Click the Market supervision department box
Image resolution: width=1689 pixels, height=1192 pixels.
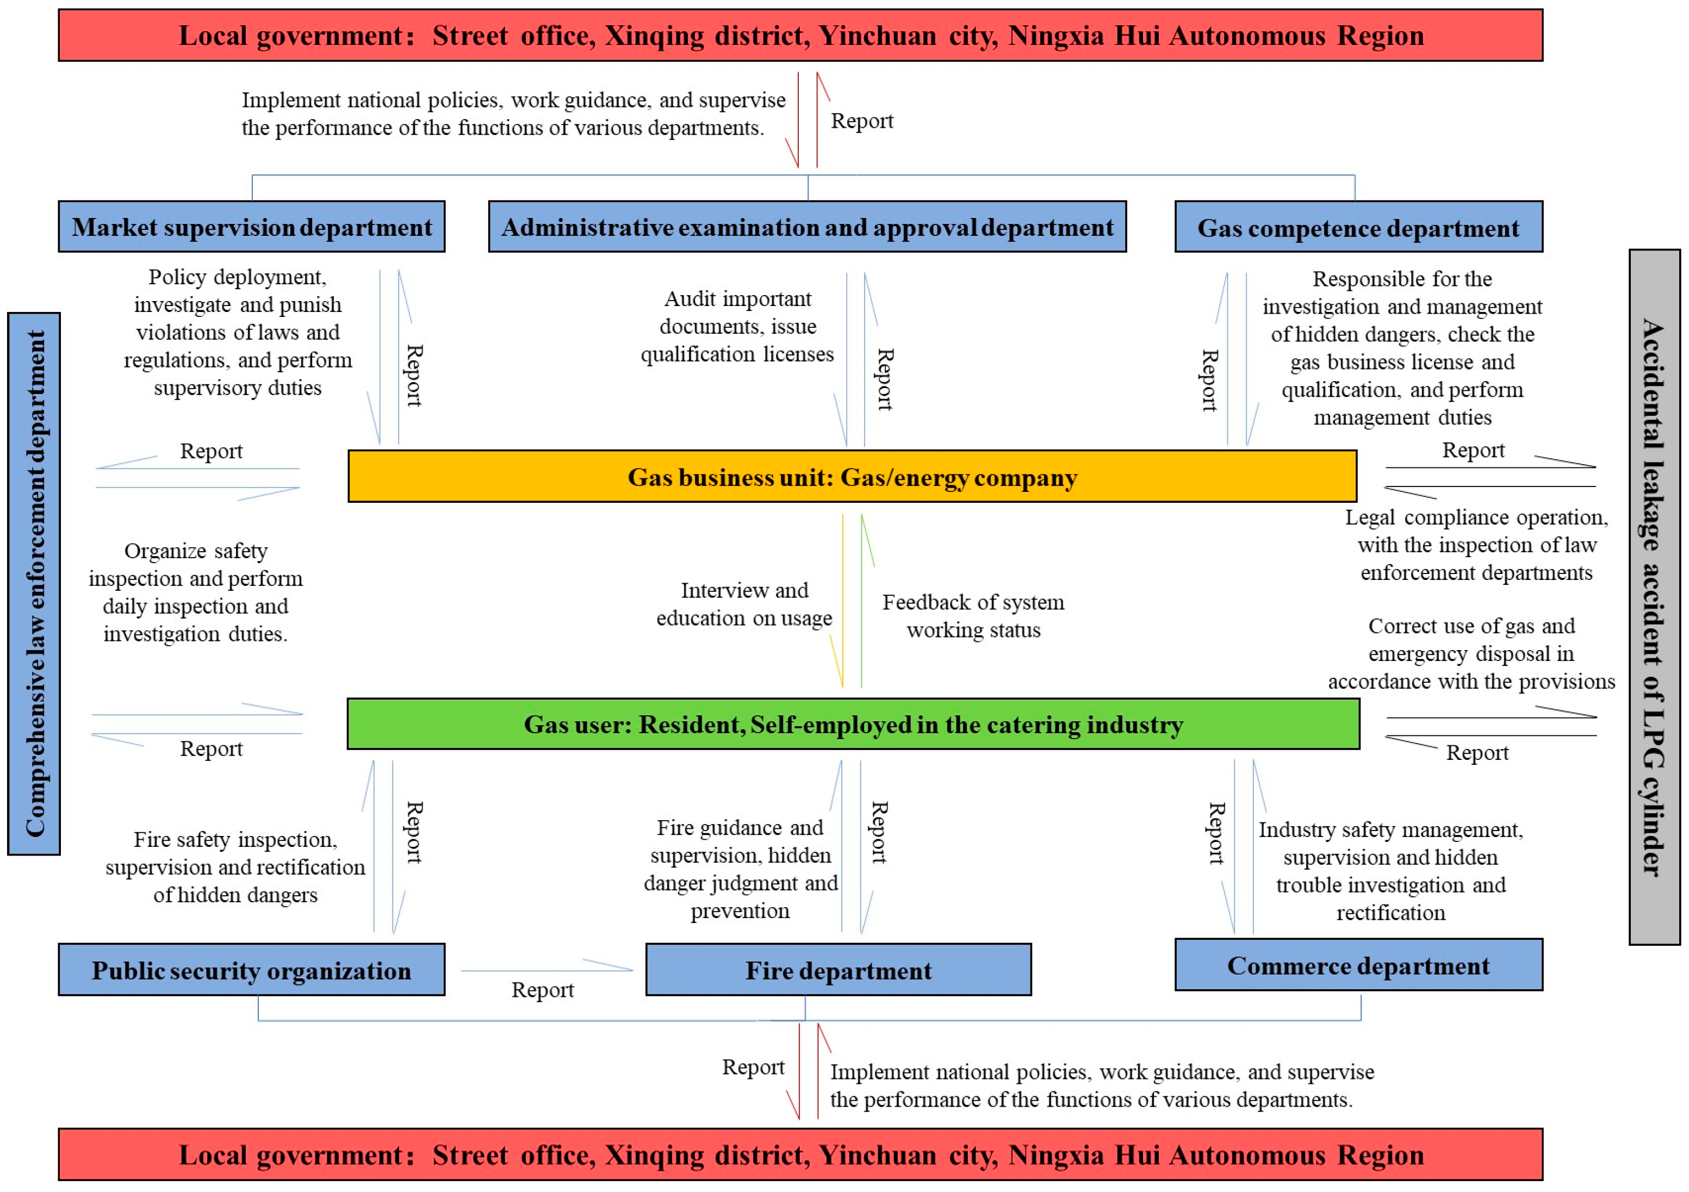tap(252, 227)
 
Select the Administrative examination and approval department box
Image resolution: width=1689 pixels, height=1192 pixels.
tap(807, 227)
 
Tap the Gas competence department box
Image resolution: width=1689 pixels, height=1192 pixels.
tap(1358, 227)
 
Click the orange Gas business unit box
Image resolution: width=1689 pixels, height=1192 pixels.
tap(852, 477)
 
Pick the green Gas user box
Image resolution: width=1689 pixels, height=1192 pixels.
tap(853, 725)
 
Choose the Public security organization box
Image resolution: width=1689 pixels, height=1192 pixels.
tap(252, 970)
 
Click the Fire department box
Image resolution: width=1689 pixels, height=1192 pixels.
tap(838, 970)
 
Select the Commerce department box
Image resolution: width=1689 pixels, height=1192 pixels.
tap(1358, 965)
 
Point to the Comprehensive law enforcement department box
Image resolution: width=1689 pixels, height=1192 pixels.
tap(34, 583)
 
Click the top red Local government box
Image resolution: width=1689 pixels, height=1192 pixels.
tap(800, 35)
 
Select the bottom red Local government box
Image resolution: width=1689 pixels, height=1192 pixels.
tap(800, 1154)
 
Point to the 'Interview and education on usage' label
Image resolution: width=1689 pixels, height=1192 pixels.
tap(744, 604)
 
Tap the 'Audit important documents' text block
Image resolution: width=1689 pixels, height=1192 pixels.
tap(737, 326)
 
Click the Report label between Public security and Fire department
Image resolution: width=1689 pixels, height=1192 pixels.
tap(542, 990)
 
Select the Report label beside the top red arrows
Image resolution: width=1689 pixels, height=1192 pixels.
tap(861, 121)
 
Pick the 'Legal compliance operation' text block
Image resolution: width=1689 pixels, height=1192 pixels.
tap(1476, 544)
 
